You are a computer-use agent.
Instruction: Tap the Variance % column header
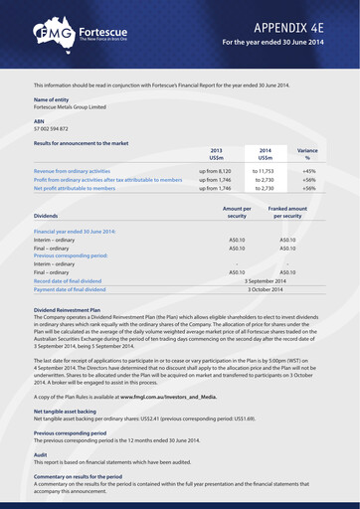[307, 153]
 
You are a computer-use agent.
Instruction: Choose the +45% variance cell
[308, 171]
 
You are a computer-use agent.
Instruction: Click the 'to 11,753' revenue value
[265, 171]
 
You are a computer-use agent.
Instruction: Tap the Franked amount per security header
[287, 212]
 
